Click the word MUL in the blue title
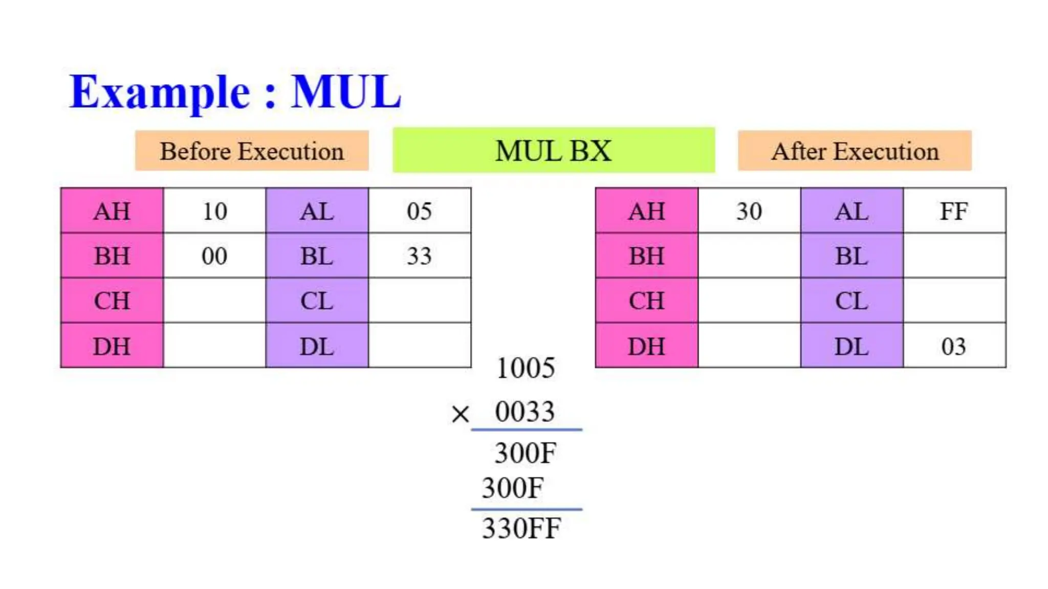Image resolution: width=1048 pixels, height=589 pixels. pos(346,92)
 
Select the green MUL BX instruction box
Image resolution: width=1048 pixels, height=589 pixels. pos(554,151)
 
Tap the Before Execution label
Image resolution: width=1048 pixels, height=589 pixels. pos(252,151)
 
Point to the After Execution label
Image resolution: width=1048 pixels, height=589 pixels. pos(855,151)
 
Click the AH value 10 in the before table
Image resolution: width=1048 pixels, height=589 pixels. pos(214,211)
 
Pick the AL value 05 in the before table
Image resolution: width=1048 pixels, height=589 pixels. pos(419,211)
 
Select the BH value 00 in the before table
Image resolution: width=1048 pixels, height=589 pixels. pos(214,256)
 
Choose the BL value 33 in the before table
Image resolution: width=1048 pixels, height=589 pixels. pos(419,256)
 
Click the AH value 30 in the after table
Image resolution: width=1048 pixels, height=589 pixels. pos(749,211)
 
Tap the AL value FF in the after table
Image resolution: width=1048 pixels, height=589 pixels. pos(954,211)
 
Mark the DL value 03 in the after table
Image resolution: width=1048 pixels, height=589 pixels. pos(954,346)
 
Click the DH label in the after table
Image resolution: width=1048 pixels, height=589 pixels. pos(647,346)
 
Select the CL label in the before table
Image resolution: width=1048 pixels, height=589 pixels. pos(317,301)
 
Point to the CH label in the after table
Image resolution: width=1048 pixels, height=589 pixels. pos(647,301)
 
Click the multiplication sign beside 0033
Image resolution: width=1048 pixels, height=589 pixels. pos(460,414)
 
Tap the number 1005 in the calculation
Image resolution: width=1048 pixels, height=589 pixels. pos(526,368)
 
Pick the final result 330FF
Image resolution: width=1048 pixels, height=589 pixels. pos(521,529)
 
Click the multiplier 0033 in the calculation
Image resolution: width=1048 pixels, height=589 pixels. pos(525,412)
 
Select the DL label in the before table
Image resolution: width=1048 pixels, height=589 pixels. pos(317,346)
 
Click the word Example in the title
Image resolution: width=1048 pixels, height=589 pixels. pos(160,92)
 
